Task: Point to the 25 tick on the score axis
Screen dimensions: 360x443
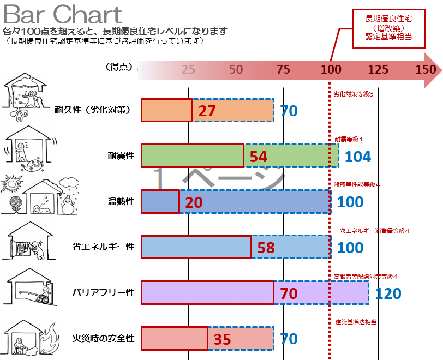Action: (188, 69)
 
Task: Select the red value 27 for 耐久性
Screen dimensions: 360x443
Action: (207, 111)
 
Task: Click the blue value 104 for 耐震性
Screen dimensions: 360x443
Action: (358, 157)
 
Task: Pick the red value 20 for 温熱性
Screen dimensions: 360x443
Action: (194, 202)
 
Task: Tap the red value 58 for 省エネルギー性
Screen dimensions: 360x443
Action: (266, 248)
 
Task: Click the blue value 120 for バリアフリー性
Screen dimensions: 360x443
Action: (388, 294)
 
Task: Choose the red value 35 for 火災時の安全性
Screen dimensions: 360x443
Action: (222, 339)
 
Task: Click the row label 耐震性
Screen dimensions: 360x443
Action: (121, 157)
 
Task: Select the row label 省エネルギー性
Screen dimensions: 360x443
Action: (103, 248)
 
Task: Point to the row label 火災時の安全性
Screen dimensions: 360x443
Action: (103, 339)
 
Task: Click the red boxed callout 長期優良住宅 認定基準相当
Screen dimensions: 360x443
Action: (388, 28)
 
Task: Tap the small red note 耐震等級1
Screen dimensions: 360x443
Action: (349, 139)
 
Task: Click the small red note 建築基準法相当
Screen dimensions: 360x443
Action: (356, 322)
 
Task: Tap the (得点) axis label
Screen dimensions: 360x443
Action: (118, 67)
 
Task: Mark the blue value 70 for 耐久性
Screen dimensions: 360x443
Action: (289, 111)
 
